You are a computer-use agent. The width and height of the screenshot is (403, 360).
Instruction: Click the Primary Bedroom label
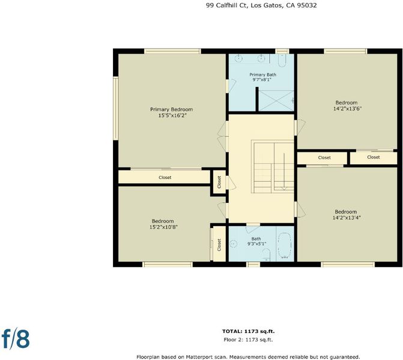(171, 109)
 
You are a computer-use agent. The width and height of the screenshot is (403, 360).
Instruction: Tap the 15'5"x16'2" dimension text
(172, 116)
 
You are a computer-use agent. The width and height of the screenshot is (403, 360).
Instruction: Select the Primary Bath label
(262, 75)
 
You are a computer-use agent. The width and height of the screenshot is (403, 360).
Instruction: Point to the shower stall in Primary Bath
(276, 101)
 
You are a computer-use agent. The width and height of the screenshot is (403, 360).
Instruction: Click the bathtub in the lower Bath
(285, 245)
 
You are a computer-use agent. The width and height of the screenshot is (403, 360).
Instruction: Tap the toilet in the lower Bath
(266, 255)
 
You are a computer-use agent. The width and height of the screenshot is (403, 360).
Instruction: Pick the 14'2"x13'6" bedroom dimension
(347, 109)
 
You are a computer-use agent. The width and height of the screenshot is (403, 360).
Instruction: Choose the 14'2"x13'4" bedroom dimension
(347, 218)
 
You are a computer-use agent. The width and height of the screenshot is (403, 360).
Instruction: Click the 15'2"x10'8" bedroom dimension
(164, 227)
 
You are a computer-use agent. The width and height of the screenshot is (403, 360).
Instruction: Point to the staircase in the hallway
(273, 166)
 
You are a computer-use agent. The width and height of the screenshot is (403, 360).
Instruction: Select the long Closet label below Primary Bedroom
(165, 178)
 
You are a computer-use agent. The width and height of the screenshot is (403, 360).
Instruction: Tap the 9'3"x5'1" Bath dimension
(257, 244)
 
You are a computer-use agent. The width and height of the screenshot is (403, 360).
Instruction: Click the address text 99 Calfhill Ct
(226, 5)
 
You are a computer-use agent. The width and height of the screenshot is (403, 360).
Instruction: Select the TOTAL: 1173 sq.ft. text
(248, 331)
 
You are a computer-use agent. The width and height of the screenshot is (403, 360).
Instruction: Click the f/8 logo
(16, 338)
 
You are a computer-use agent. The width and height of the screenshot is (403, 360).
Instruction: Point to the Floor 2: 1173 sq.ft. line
(248, 340)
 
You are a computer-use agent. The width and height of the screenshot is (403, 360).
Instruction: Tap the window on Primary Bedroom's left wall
(116, 109)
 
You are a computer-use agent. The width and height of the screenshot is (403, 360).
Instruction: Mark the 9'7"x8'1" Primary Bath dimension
(262, 80)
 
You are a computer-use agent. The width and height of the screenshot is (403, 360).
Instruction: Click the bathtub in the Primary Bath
(282, 61)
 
